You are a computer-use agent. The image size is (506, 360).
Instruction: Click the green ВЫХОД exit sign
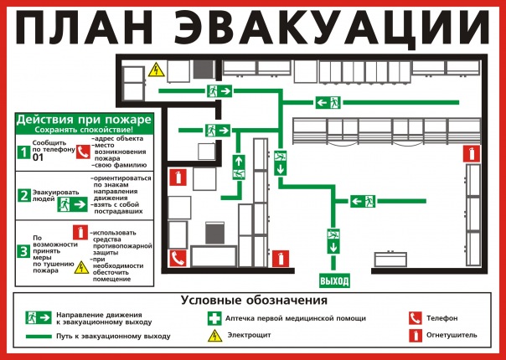(334, 280)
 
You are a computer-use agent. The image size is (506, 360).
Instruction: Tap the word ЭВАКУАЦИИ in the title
(332, 28)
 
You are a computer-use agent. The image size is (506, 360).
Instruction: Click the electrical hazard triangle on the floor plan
(157, 70)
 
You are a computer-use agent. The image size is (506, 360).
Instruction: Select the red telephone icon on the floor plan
(178, 258)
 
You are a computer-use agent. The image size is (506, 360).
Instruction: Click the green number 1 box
(23, 152)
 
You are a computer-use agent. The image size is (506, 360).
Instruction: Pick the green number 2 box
(24, 195)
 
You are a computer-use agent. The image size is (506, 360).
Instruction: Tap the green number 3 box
(23, 252)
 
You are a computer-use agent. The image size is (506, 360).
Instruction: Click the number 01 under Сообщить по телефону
(38, 157)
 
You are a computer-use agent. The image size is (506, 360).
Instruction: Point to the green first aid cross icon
(214, 318)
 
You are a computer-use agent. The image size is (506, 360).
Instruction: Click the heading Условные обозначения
(254, 301)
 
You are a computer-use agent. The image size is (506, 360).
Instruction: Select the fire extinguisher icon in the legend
(416, 336)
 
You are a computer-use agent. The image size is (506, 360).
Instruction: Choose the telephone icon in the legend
(415, 318)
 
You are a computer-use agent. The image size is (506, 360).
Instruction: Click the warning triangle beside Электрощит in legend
(215, 336)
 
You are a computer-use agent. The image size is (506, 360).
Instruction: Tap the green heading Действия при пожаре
(84, 120)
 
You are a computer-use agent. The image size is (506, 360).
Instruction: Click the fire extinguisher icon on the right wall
(472, 153)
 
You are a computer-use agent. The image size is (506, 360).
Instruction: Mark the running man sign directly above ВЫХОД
(333, 241)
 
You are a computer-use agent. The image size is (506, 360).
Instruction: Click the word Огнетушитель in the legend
(452, 336)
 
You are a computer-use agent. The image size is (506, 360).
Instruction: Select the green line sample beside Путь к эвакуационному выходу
(39, 337)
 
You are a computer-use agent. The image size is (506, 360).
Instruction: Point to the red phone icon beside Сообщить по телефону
(83, 152)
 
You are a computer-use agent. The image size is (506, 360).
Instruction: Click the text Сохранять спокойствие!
(84, 130)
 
